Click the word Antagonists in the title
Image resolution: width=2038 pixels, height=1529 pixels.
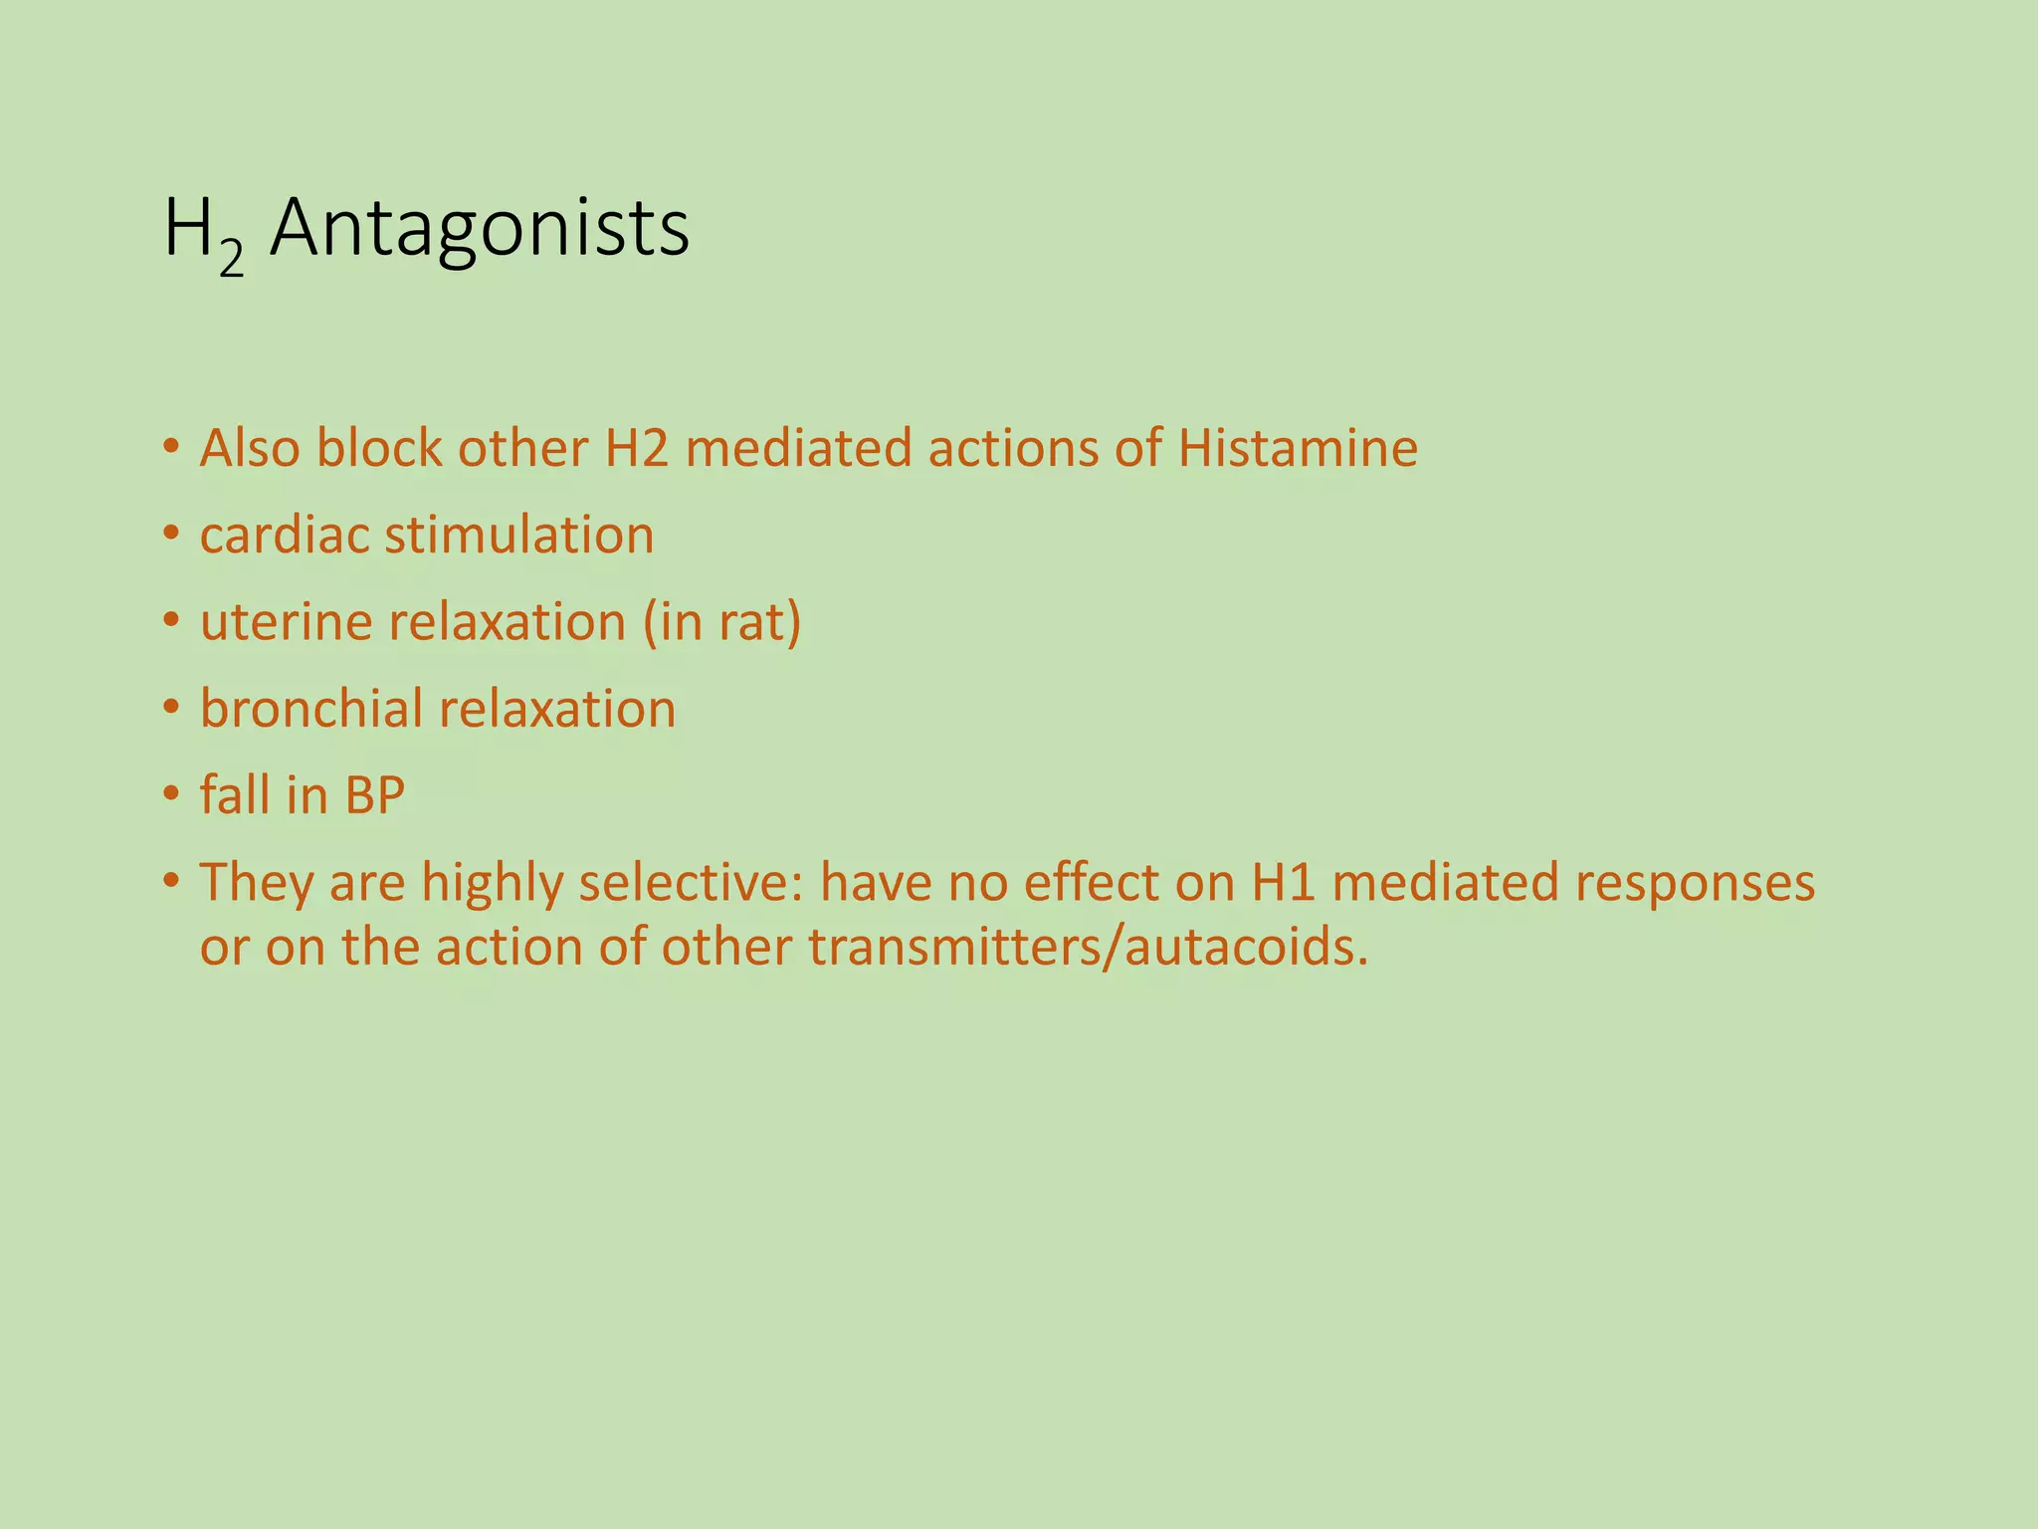[x=479, y=230]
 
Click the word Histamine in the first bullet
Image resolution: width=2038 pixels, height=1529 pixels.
[x=1297, y=449]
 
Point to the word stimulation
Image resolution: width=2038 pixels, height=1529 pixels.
[x=519, y=536]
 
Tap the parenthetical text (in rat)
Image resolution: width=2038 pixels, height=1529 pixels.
[x=722, y=623]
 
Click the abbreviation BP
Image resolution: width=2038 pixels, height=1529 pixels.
[x=375, y=796]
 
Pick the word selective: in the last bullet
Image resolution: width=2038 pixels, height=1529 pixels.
[x=690, y=883]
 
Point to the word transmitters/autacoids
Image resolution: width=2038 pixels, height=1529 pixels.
[x=1089, y=948]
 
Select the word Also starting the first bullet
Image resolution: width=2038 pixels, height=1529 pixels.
[x=250, y=449]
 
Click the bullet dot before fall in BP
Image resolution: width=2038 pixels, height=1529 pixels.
[x=172, y=795]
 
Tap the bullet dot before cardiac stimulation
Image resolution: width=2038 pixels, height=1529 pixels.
[x=172, y=535]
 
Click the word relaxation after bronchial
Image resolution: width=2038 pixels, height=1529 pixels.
[x=556, y=709]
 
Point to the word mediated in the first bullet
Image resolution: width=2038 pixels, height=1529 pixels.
[x=799, y=449]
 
